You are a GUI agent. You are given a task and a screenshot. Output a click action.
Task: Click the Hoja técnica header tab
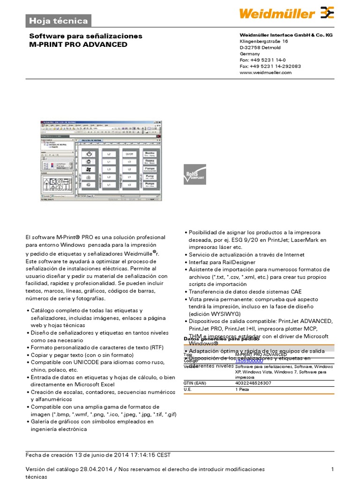58,21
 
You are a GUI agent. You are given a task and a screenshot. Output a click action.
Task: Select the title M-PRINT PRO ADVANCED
78,45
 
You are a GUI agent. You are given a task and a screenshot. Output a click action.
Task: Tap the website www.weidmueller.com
265,72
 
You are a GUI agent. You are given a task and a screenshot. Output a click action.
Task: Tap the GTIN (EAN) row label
195,383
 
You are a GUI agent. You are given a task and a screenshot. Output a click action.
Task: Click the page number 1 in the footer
332,469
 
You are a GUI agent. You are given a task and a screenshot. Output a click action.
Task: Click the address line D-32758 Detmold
260,48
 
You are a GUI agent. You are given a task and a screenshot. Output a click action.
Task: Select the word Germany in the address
250,54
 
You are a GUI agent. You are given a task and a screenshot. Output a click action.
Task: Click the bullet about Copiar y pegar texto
81,355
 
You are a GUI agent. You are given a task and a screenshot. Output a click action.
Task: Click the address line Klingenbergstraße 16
264,41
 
